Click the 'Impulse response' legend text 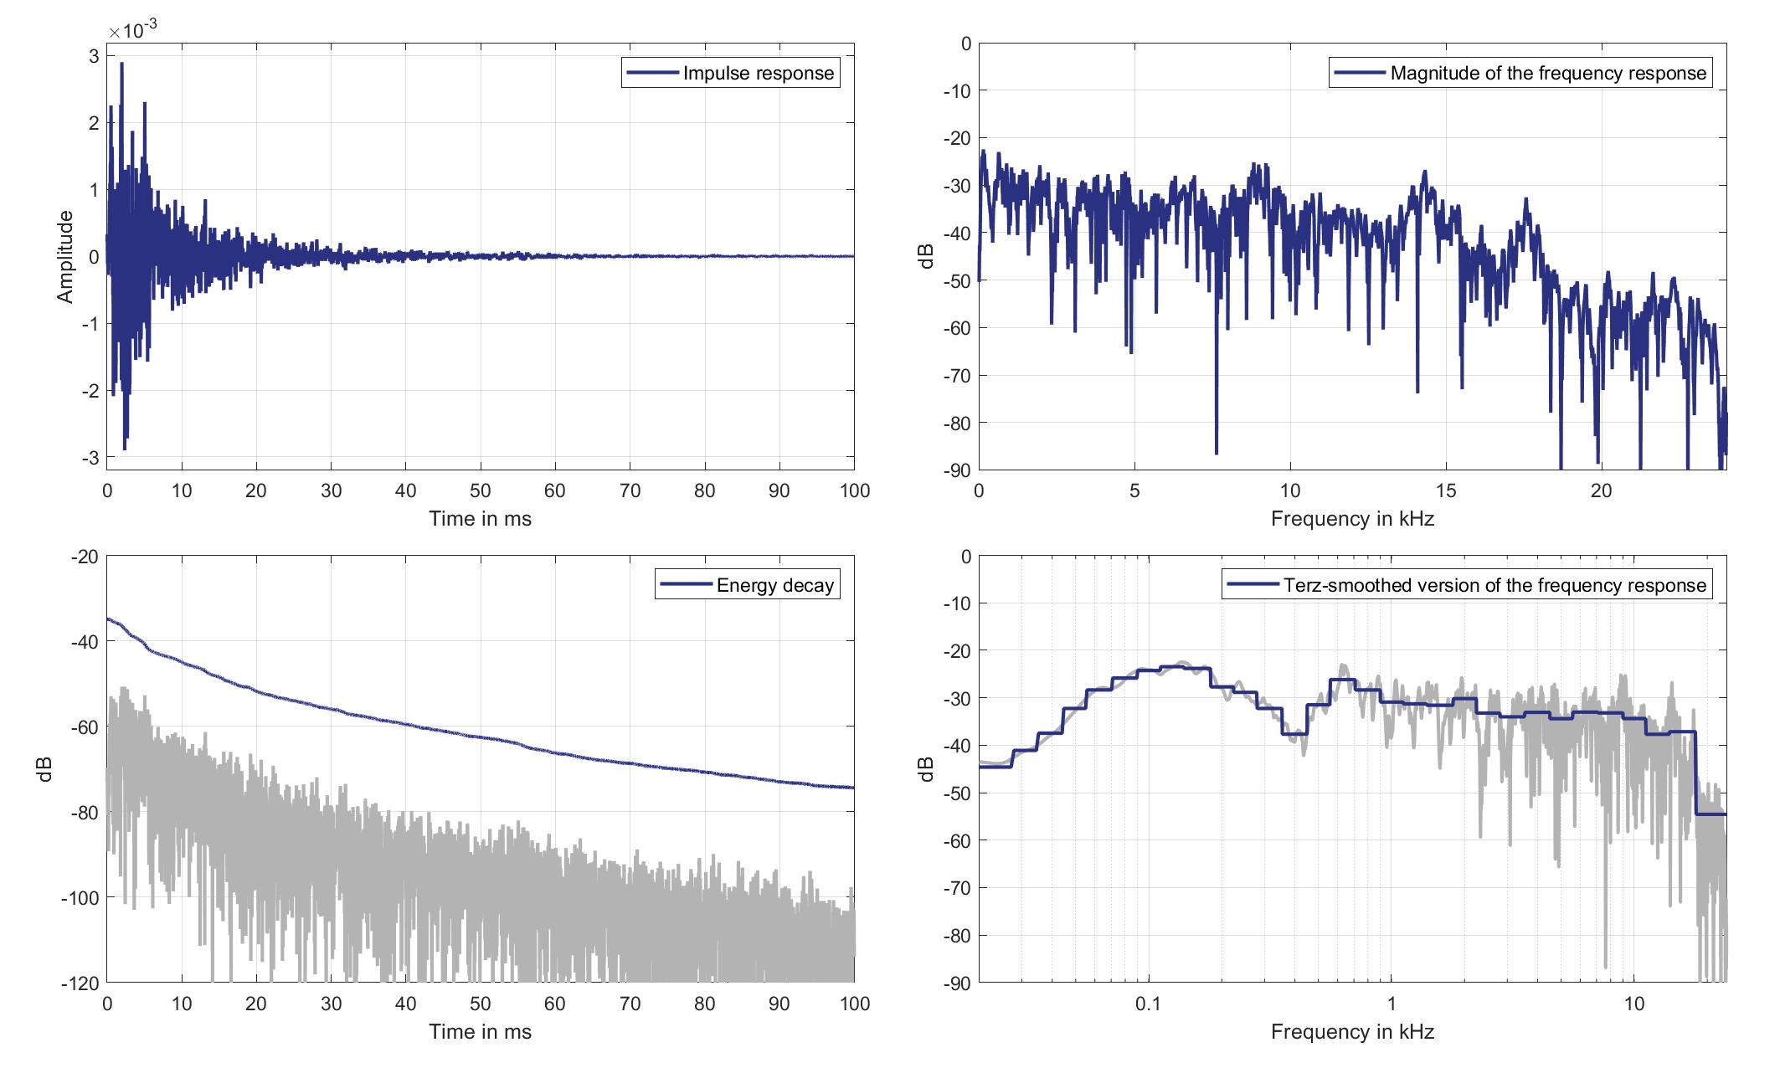[x=758, y=74]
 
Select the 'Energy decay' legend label [x=774, y=586]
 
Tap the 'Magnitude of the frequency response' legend [x=1547, y=74]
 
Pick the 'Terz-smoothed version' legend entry [x=1494, y=586]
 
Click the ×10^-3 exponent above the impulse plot [x=132, y=30]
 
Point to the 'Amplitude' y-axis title [x=65, y=256]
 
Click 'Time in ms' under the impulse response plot [x=480, y=519]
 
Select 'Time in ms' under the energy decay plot [x=480, y=1032]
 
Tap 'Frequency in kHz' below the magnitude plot [x=1352, y=519]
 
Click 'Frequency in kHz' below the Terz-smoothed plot [x=1352, y=1032]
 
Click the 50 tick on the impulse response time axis [x=480, y=491]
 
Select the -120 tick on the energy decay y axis [x=80, y=983]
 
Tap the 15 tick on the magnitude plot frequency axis [x=1446, y=491]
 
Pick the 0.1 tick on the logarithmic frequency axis [x=1148, y=1004]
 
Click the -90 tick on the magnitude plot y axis [x=954, y=470]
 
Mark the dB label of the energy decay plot [x=45, y=769]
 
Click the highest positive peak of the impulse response [x=121, y=64]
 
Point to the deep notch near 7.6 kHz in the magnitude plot [x=1217, y=452]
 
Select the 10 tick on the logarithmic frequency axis [x=1634, y=1004]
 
